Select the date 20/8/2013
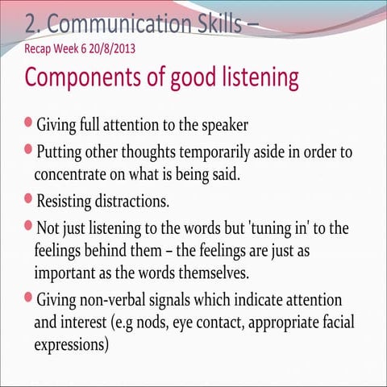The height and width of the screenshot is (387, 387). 108,48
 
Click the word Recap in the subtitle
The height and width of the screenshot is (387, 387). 40,48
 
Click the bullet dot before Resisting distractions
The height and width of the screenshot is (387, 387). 29,198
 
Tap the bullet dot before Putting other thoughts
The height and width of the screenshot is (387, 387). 29,150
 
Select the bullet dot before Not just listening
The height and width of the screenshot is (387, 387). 29,227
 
